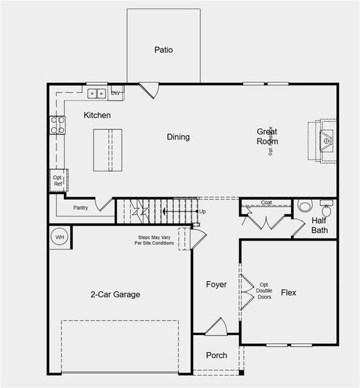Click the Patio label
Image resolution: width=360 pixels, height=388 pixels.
click(164, 50)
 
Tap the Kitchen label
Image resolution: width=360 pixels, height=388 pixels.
click(97, 115)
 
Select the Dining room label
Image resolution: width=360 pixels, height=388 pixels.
click(178, 136)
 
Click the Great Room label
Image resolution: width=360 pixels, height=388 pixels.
click(267, 136)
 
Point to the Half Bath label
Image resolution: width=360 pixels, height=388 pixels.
click(319, 225)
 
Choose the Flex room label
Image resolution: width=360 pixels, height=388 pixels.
click(288, 293)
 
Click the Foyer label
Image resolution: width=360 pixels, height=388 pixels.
click(217, 285)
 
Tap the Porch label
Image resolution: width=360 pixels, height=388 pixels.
click(217, 356)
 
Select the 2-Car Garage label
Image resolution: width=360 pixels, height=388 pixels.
click(115, 294)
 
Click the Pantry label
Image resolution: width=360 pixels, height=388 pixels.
click(80, 208)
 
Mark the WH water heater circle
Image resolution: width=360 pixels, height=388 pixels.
click(60, 237)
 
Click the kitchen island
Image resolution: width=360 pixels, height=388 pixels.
click(107, 150)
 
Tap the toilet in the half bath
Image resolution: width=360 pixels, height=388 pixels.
click(325, 209)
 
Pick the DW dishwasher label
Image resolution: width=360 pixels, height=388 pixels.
click(116, 94)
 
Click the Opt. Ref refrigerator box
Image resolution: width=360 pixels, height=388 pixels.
click(58, 180)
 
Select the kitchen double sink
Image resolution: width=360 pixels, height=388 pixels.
click(98, 94)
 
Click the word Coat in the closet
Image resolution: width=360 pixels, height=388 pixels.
click(266, 202)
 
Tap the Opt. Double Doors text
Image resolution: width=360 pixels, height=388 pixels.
click(264, 291)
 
